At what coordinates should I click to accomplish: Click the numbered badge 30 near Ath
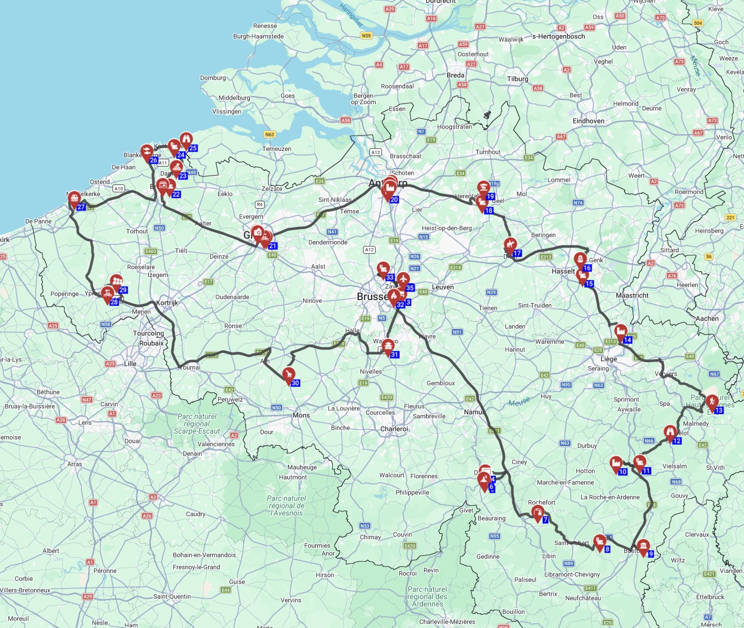pyautogui.click(x=295, y=383)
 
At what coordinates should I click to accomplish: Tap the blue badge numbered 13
pyautogui.click(x=719, y=410)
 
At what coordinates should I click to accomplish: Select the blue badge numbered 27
pyautogui.click(x=81, y=207)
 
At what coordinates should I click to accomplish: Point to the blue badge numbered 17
pyautogui.click(x=518, y=253)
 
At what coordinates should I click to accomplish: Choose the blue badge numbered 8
pyautogui.click(x=607, y=550)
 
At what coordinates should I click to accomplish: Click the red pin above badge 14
pyautogui.click(x=621, y=332)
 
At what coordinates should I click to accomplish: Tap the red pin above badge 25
pyautogui.click(x=186, y=139)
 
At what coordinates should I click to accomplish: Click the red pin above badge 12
pyautogui.click(x=670, y=433)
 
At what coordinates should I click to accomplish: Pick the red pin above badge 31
pyautogui.click(x=388, y=346)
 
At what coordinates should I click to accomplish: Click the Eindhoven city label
pyautogui.click(x=588, y=121)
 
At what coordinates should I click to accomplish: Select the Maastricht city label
pyautogui.click(x=632, y=295)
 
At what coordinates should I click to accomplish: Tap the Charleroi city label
pyautogui.click(x=394, y=429)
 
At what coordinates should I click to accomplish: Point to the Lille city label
pyautogui.click(x=130, y=364)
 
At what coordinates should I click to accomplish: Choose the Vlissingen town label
pyautogui.click(x=226, y=111)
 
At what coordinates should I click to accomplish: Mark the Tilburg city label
pyautogui.click(x=518, y=79)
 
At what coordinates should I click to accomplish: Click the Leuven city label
pyautogui.click(x=442, y=287)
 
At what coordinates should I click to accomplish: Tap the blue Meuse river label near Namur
pyautogui.click(x=519, y=402)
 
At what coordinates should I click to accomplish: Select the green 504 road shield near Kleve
pyautogui.click(x=698, y=23)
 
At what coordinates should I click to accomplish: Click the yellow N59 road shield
pyautogui.click(x=366, y=36)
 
